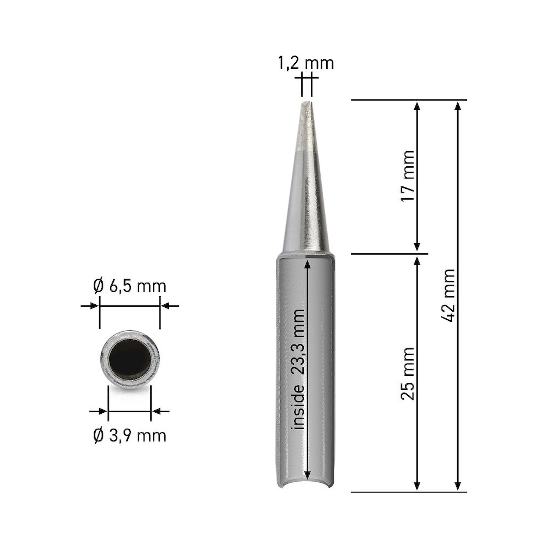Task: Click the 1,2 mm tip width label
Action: pyautogui.click(x=306, y=64)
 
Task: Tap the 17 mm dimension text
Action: pyautogui.click(x=408, y=176)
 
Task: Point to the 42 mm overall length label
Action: pyautogui.click(x=449, y=296)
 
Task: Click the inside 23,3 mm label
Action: pyautogui.click(x=298, y=369)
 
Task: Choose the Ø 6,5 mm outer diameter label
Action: pyautogui.click(x=130, y=287)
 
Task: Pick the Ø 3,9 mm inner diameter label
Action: pyautogui.click(x=130, y=436)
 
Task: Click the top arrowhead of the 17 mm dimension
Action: pyautogui.click(x=417, y=105)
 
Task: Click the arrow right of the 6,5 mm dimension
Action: pyautogui.click(x=166, y=306)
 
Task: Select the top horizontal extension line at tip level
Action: pyautogui.click(x=409, y=100)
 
